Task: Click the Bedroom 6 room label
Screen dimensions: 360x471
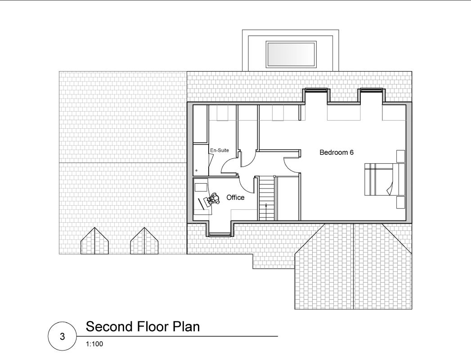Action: coord(336,152)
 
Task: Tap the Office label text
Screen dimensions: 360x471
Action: coord(235,198)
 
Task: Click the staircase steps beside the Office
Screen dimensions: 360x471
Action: coord(266,198)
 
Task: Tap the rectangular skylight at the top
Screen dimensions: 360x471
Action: coord(291,54)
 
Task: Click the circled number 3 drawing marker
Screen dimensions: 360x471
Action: coord(63,337)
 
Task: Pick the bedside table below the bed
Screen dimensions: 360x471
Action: coord(400,202)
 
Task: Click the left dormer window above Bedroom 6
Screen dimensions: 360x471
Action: coord(316,90)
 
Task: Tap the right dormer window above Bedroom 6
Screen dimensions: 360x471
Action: coord(371,90)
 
